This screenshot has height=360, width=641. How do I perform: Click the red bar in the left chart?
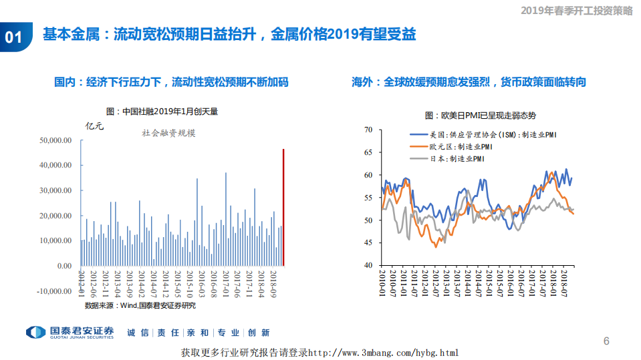283,207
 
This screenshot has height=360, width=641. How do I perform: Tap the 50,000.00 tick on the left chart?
55,140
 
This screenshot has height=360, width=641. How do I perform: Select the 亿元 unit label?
95,126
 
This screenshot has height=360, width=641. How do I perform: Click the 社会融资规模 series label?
168,133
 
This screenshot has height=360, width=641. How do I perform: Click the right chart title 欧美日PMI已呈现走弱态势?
480,116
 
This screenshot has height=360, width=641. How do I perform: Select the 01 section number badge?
14,37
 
